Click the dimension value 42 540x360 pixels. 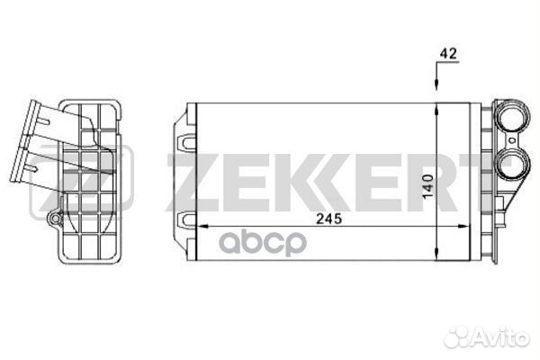pyautogui.click(x=448, y=53)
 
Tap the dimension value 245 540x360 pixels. pyautogui.click(x=329, y=219)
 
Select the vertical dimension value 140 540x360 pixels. pyautogui.click(x=428, y=186)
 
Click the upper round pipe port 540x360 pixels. pyautogui.click(x=513, y=116)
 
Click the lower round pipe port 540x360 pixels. pyautogui.click(x=513, y=165)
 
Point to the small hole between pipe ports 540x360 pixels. pyautogui.click(x=513, y=140)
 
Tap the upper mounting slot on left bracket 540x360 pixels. pyautogui.click(x=187, y=142)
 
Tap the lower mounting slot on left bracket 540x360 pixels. pyautogui.click(x=187, y=220)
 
